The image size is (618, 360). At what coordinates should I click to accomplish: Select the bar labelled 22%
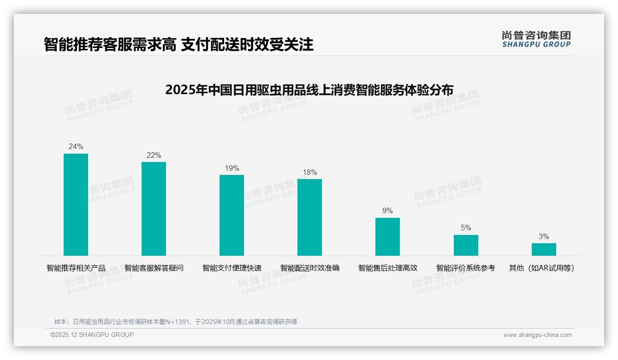point(154,209)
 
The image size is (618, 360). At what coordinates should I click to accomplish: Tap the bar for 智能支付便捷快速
point(232,215)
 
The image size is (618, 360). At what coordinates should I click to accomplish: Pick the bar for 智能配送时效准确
point(309,217)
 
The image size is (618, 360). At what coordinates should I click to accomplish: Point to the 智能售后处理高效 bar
point(387,237)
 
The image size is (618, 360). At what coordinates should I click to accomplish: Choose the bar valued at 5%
point(466,245)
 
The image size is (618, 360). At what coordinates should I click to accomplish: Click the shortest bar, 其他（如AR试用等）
point(544,249)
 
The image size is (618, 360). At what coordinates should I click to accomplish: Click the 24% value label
point(76,147)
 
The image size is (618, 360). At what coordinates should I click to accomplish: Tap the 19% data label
point(232,168)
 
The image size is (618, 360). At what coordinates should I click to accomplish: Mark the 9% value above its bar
point(387,211)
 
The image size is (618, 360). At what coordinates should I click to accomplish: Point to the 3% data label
point(544,237)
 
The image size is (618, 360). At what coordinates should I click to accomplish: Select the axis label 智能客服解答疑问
point(154,268)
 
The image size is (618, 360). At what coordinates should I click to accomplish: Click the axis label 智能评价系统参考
point(466,268)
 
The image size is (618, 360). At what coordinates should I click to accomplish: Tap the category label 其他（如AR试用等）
point(541,268)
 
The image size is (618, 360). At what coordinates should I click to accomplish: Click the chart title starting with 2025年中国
point(309,90)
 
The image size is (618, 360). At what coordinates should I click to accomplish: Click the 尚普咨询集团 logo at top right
point(536,39)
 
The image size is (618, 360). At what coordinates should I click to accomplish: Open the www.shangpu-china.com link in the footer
point(537,335)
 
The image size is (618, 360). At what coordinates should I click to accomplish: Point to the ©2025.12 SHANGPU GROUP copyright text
point(92,335)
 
